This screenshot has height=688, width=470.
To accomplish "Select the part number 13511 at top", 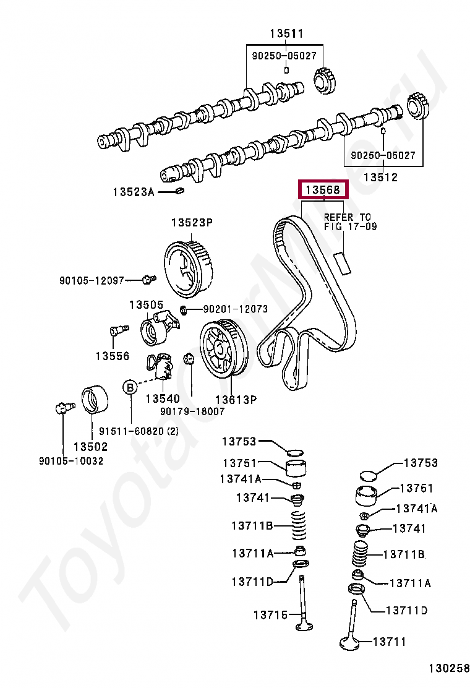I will coord(286,34).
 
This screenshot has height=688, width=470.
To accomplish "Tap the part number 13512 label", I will coord(380,177).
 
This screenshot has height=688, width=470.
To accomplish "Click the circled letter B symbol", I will coord(130,387).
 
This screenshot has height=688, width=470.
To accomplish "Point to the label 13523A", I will coord(132,192).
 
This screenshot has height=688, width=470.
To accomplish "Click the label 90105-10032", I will coord(70,461).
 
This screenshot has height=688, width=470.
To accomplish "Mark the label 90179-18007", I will coord(192,411).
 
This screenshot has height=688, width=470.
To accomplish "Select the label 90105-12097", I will coord(92,281).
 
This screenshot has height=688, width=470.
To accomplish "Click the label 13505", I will coord(146,304).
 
